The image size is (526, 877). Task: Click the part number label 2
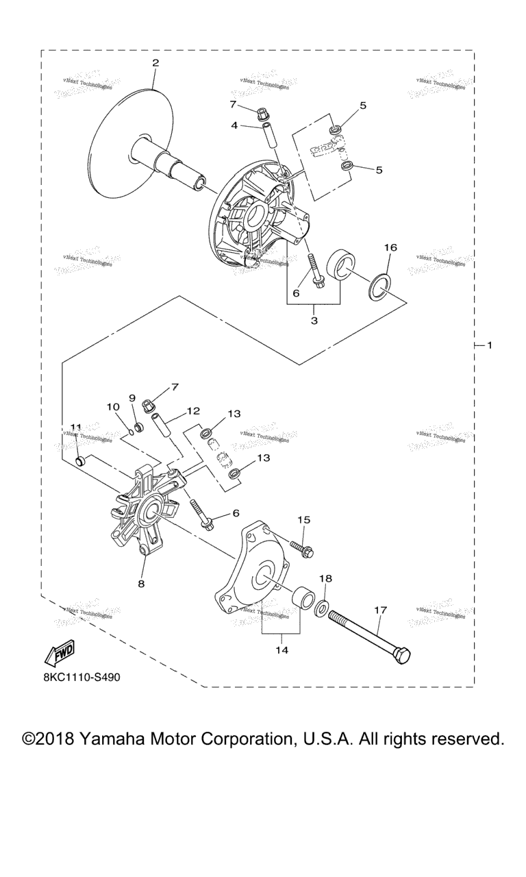155,63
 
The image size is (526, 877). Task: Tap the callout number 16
390,247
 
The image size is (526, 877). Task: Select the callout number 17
381,608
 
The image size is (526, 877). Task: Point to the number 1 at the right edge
489,345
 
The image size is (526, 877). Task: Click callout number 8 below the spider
141,584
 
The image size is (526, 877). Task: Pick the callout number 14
282,650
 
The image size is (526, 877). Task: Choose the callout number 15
303,520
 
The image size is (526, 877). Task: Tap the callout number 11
75,428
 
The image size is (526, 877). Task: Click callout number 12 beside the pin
192,411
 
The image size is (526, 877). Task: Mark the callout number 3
314,320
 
